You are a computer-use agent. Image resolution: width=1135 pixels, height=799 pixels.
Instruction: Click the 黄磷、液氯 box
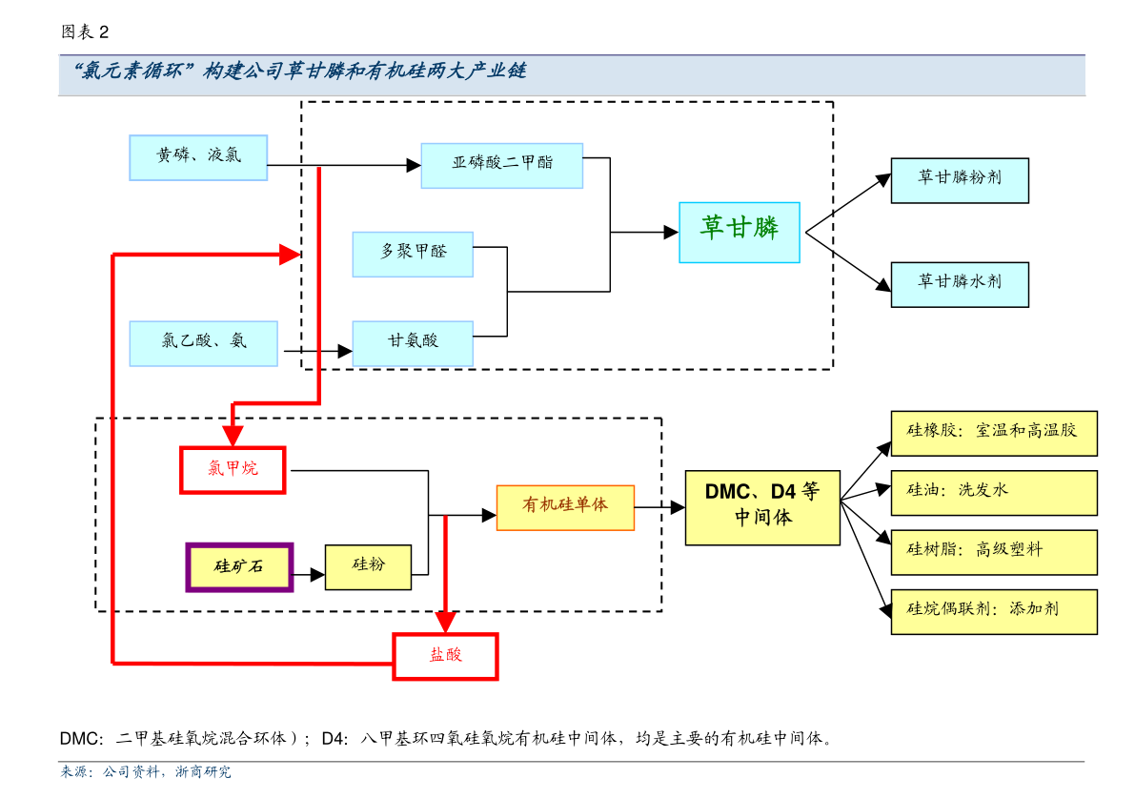(198, 157)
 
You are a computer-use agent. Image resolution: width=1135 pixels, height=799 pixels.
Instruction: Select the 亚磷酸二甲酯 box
(501, 165)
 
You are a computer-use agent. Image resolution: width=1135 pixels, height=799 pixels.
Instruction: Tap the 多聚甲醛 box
(413, 254)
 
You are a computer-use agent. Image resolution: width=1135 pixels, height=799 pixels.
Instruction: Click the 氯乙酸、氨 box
(203, 343)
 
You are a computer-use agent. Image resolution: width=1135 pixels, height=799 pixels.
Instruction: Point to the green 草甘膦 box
(739, 232)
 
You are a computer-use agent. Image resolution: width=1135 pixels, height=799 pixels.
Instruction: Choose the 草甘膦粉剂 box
(959, 180)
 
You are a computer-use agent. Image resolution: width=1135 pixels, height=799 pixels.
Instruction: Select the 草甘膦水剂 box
(959, 284)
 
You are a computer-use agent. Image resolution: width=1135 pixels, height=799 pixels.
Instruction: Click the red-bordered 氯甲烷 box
(233, 469)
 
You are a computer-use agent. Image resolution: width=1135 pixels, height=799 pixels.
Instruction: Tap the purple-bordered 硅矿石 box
(239, 567)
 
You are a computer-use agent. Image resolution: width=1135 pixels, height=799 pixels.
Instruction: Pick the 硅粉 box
(368, 567)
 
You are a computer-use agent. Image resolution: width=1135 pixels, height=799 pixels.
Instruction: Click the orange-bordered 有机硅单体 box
(565, 507)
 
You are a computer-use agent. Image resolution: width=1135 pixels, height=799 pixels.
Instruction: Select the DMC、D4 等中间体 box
(762, 507)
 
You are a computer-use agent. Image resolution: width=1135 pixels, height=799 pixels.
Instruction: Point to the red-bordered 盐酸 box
(445, 656)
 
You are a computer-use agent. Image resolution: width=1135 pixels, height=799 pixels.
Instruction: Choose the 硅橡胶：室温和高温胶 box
(993, 433)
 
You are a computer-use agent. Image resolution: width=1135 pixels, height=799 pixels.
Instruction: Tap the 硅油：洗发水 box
(993, 492)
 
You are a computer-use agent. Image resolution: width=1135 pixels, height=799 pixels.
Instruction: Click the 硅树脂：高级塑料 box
(993, 552)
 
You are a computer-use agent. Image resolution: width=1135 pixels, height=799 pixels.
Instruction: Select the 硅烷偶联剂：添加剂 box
(993, 611)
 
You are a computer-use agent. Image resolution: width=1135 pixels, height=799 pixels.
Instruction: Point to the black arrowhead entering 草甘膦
(671, 232)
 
